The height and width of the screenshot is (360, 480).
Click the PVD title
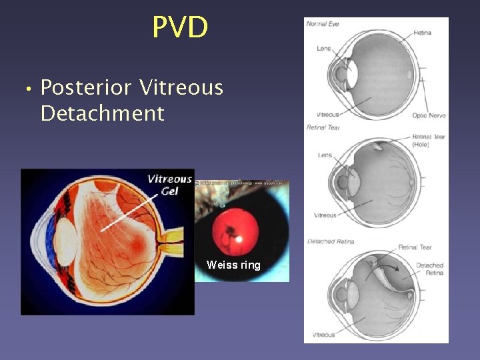click(180, 27)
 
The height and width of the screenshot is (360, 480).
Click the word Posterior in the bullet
click(89, 87)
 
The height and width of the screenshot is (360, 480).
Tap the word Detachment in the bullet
click(102, 113)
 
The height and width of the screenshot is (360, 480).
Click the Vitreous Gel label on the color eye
click(169, 185)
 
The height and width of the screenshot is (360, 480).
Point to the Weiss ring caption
click(233, 265)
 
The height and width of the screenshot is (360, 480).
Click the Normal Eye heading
click(323, 24)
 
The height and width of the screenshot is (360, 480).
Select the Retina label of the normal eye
click(422, 32)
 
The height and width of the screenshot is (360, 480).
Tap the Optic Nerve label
click(429, 115)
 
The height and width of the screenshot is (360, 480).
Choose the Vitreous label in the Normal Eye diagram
click(327, 114)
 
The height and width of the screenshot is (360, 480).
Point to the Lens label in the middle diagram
click(325, 155)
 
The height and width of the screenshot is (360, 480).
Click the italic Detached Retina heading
click(330, 241)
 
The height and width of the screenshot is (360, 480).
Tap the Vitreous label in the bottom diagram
click(324, 335)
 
